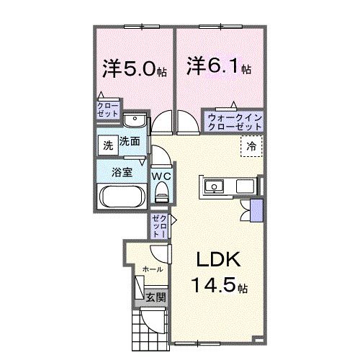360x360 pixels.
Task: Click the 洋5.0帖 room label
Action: click(135, 69)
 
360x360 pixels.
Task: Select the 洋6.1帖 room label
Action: click(219, 67)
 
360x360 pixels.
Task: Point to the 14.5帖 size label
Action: click(220, 287)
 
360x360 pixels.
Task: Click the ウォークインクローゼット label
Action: click(234, 120)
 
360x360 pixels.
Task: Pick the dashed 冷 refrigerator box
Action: click(251, 147)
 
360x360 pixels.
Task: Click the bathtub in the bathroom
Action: click(121, 195)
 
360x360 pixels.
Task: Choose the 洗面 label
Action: click(130, 143)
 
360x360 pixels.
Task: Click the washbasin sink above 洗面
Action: click(134, 120)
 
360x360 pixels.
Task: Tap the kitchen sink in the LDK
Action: click(215, 187)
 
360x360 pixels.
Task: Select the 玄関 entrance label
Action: click(156, 297)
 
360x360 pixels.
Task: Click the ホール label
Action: click(152, 269)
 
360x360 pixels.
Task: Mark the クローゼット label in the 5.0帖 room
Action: click(108, 110)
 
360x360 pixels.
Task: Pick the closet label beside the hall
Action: click(159, 225)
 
